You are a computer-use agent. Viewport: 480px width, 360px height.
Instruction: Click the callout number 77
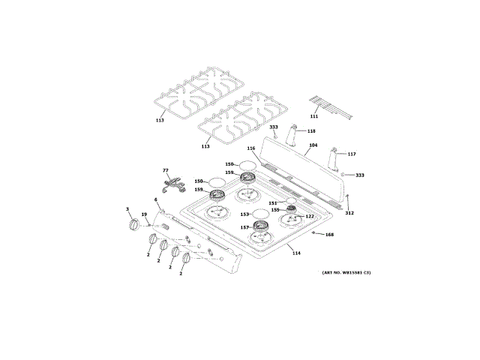click(x=166, y=172)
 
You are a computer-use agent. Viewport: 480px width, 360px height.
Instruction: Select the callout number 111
click(x=314, y=116)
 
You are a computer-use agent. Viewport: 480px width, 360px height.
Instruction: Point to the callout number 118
click(x=310, y=131)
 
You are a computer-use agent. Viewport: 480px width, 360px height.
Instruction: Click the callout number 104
click(x=313, y=145)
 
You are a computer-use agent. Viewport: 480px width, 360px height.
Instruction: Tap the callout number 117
click(x=351, y=154)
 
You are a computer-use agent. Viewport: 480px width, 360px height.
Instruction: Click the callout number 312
click(x=349, y=212)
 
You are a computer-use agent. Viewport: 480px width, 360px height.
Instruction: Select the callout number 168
click(x=328, y=235)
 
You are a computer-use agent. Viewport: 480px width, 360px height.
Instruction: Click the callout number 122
click(x=309, y=217)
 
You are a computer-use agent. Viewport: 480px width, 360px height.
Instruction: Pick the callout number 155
click(x=275, y=210)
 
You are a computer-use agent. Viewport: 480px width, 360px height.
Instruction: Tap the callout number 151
click(x=273, y=202)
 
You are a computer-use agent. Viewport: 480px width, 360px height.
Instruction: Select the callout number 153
click(x=244, y=214)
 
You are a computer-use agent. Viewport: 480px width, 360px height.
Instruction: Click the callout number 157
click(x=244, y=227)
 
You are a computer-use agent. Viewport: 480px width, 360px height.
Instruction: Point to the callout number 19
click(x=145, y=214)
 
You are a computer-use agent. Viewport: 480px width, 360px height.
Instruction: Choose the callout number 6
click(x=155, y=199)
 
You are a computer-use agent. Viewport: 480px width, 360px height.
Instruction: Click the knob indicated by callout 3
click(x=133, y=225)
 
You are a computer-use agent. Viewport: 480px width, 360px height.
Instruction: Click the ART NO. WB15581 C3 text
click(x=346, y=271)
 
